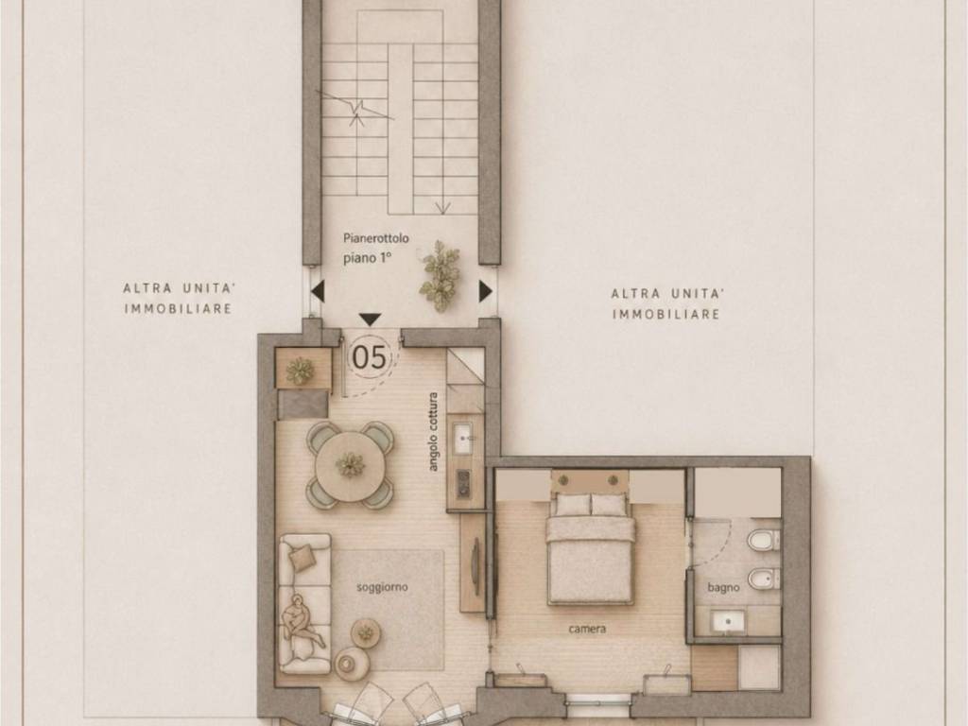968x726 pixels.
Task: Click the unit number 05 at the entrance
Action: [370, 356]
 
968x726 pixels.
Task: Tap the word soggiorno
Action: [382, 586]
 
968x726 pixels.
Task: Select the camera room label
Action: [587, 629]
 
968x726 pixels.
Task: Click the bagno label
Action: [723, 588]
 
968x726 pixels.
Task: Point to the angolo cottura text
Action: [433, 432]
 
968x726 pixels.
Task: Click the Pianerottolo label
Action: [376, 238]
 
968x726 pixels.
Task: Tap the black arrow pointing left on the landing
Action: [318, 291]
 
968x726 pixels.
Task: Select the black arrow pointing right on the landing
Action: [486, 291]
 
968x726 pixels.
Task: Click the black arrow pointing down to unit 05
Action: [370, 320]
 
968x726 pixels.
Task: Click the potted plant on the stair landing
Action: [441, 275]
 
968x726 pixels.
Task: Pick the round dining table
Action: [351, 465]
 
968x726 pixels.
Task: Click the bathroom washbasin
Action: [727, 620]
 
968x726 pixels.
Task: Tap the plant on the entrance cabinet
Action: [300, 371]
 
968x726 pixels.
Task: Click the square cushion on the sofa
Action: [303, 558]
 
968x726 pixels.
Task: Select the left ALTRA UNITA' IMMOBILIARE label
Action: [179, 298]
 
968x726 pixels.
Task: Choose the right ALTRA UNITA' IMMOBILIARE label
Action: [666, 303]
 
